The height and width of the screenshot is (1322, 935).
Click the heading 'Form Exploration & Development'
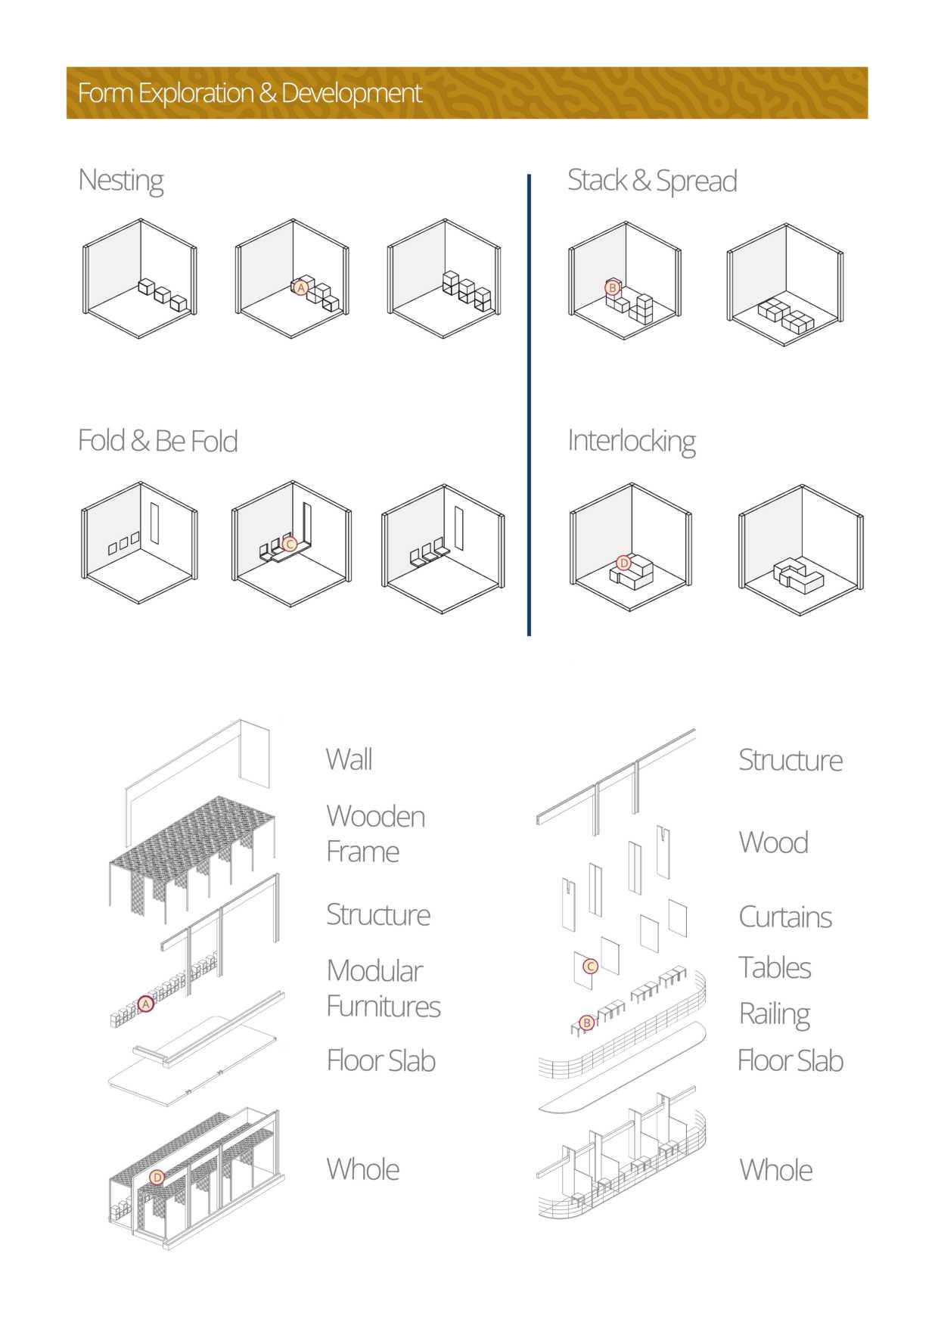pyautogui.click(x=250, y=93)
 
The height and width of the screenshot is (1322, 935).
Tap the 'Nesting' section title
pyautogui.click(x=121, y=181)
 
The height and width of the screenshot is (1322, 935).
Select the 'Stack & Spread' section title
pyautogui.click(x=651, y=181)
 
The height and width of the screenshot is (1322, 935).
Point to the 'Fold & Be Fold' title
pyautogui.click(x=157, y=441)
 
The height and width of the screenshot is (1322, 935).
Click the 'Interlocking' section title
pyautogui.click(x=631, y=441)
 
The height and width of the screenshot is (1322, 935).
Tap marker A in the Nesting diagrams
pyautogui.click(x=301, y=288)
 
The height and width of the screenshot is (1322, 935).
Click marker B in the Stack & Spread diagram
pyautogui.click(x=613, y=287)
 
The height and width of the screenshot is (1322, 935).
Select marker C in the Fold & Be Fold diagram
pyautogui.click(x=289, y=543)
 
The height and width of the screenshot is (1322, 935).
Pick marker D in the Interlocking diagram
pyautogui.click(x=623, y=563)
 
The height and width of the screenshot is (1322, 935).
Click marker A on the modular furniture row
pyautogui.click(x=146, y=1004)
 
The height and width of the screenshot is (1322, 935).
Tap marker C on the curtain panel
pyautogui.click(x=591, y=966)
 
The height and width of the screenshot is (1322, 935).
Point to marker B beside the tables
pyautogui.click(x=586, y=1023)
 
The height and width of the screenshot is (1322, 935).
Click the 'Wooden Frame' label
pyautogui.click(x=375, y=833)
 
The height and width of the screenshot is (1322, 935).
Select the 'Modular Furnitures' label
pyautogui.click(x=383, y=988)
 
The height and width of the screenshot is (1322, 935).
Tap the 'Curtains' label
pyautogui.click(x=784, y=917)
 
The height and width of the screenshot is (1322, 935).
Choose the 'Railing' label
pyautogui.click(x=774, y=1014)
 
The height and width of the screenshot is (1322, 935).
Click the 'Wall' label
pyautogui.click(x=349, y=759)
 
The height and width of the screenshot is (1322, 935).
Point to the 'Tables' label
pyautogui.click(x=775, y=967)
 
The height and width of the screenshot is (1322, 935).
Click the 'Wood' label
pyautogui.click(x=773, y=843)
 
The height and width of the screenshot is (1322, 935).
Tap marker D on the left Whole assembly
pyautogui.click(x=157, y=1177)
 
